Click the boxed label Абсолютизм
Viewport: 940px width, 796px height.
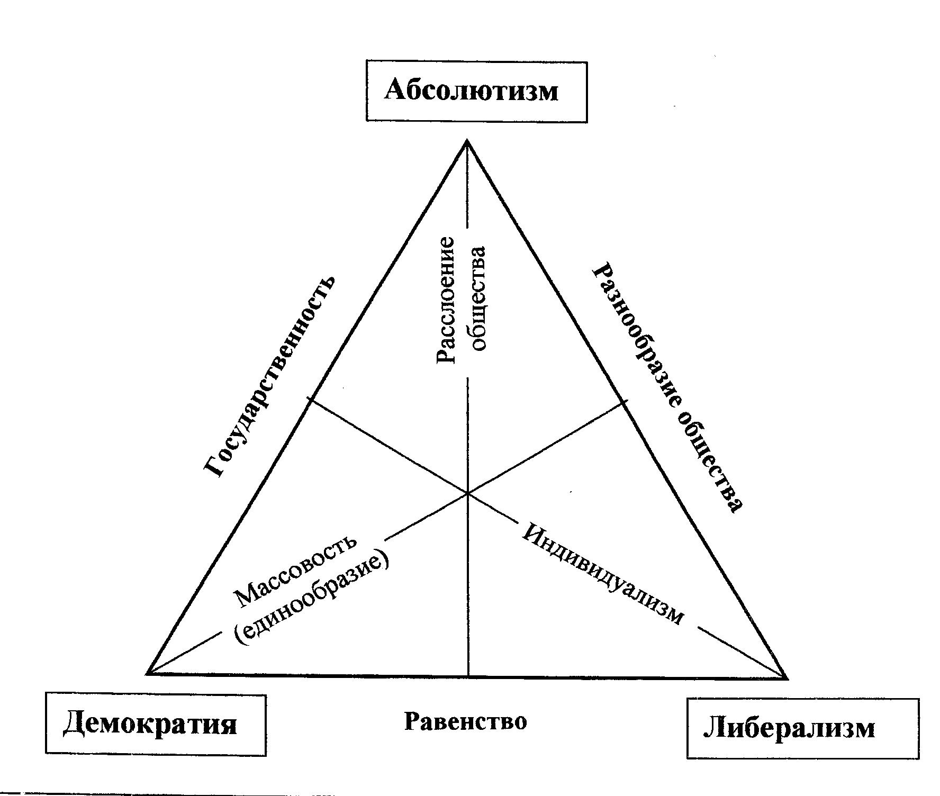[x=476, y=92]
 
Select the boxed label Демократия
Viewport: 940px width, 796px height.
[x=156, y=723]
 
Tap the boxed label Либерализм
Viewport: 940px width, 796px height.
[x=802, y=728]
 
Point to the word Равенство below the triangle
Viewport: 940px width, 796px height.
[x=466, y=721]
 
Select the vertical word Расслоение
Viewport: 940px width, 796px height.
[x=446, y=300]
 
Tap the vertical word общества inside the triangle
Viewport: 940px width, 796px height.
[x=477, y=298]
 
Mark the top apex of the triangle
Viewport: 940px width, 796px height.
[x=467, y=140]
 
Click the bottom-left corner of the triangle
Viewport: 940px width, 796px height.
[x=148, y=673]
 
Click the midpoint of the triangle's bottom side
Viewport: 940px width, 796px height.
[x=468, y=675]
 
